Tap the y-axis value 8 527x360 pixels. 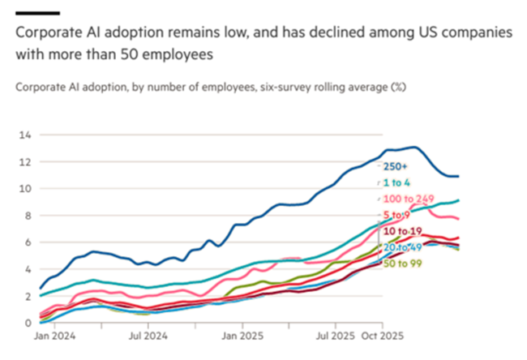pyautogui.click(x=28, y=215)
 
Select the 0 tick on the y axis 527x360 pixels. pyautogui.click(x=28, y=323)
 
